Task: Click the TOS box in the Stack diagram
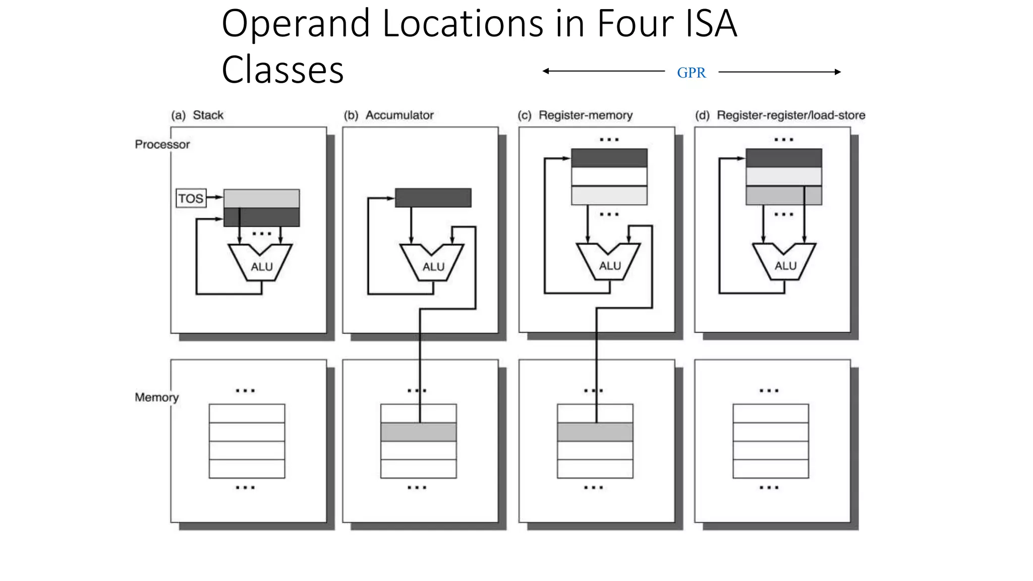tap(191, 198)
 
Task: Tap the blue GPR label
tap(691, 73)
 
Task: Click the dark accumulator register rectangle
tap(433, 198)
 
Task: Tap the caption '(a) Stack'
tap(197, 115)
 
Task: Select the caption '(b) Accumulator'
tap(388, 115)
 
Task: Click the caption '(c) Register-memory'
tap(575, 115)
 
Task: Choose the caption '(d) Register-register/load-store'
tap(780, 115)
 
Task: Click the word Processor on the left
tap(162, 144)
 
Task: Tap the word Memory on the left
tap(156, 397)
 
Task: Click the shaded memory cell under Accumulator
tap(419, 432)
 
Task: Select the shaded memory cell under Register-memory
tap(595, 432)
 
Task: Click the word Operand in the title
tap(296, 24)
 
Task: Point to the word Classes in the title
tap(282, 70)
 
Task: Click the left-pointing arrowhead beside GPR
tap(545, 71)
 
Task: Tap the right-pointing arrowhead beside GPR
tap(838, 72)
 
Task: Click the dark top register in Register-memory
tap(609, 158)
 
